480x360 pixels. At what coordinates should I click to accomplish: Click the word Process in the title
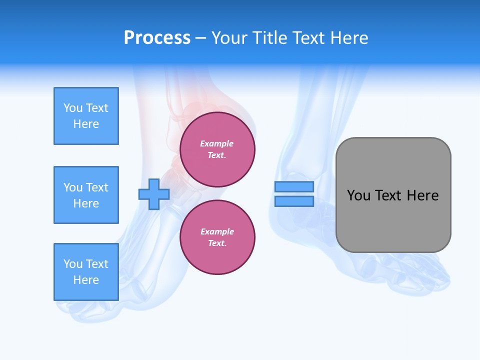(x=157, y=37)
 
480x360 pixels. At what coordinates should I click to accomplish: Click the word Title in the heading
(x=268, y=37)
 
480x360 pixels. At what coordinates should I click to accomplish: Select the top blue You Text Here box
(x=86, y=116)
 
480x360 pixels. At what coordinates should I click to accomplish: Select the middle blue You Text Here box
(x=86, y=195)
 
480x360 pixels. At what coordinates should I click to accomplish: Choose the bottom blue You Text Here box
(x=86, y=272)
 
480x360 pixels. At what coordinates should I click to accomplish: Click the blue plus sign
(x=154, y=194)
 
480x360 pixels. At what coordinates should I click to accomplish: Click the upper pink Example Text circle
(x=217, y=149)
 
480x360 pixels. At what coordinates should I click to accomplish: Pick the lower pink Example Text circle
(x=217, y=237)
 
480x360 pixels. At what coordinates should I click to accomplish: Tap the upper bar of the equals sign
(x=294, y=187)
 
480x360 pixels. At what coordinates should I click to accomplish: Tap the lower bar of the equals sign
(x=294, y=201)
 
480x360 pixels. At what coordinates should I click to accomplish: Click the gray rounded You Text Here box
(x=393, y=195)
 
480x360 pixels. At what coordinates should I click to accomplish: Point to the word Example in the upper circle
(x=217, y=143)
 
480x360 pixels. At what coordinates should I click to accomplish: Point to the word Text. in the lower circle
(x=217, y=243)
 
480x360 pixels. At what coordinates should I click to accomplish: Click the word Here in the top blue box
(x=86, y=124)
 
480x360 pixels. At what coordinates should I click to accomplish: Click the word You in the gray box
(x=358, y=195)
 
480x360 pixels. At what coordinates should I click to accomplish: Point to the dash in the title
(x=201, y=38)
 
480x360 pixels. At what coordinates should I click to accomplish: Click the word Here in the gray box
(x=422, y=195)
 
